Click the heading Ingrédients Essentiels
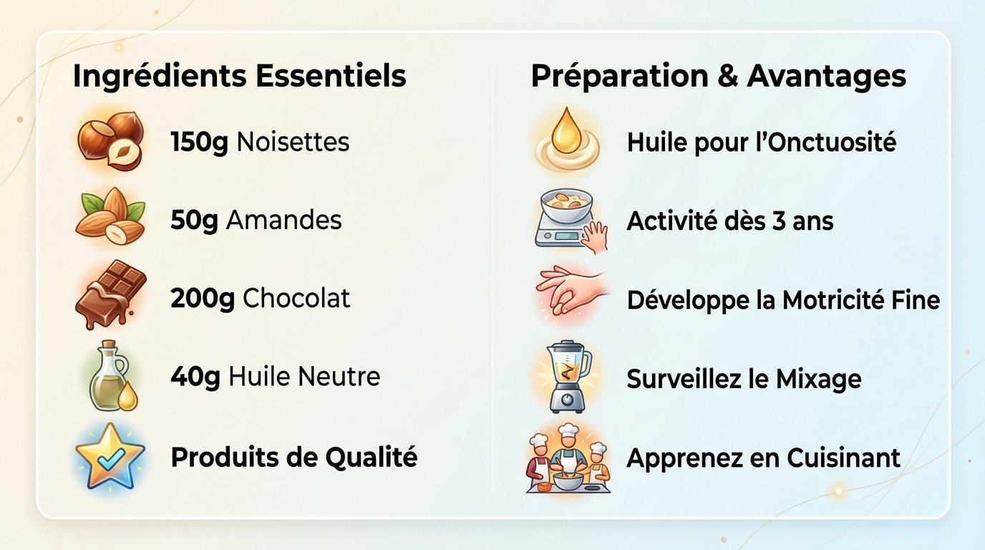coord(239,77)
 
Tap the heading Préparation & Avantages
coord(718,77)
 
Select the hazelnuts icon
coord(110,141)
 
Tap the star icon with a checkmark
coord(110,456)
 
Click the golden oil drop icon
coord(567,139)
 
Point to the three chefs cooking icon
coord(568,457)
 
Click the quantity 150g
coord(199,142)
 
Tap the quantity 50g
coord(193,221)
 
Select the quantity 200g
coord(203,299)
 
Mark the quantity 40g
coord(195,377)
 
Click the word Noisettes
coord(293,142)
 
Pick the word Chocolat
coord(296,299)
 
